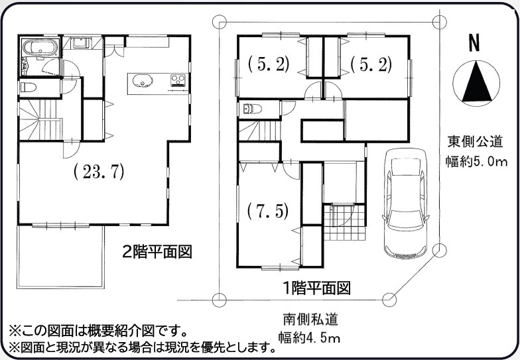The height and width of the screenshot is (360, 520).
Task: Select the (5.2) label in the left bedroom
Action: click(269, 64)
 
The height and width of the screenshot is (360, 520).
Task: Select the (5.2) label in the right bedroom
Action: click(371, 64)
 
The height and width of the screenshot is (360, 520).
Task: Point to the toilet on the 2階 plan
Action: click(30, 86)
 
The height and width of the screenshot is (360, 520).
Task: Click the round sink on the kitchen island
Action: click(142, 81)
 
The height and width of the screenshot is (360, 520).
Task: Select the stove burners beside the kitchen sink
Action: click(178, 81)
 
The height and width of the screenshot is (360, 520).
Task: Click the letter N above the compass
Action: click(475, 44)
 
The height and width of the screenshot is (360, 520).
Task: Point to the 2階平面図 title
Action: click(157, 252)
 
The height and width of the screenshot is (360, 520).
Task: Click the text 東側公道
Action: click(476, 141)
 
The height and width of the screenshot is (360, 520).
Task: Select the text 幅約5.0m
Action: click(476, 160)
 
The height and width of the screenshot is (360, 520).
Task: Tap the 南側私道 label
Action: click(308, 320)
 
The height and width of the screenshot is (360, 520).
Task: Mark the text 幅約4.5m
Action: click(308, 339)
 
